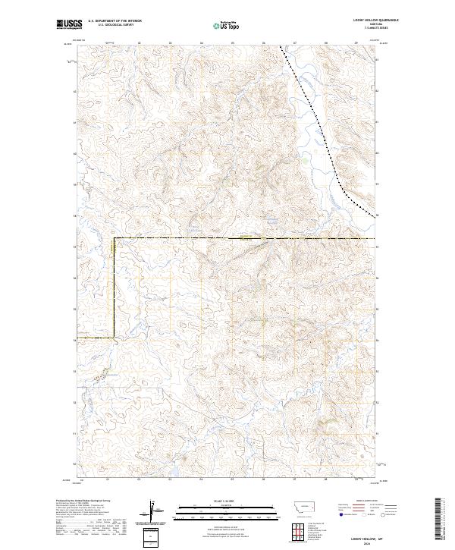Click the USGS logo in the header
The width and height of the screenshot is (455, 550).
point(69,24)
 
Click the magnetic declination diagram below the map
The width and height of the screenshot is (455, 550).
point(154,511)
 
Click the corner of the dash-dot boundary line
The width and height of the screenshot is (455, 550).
point(114,239)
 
